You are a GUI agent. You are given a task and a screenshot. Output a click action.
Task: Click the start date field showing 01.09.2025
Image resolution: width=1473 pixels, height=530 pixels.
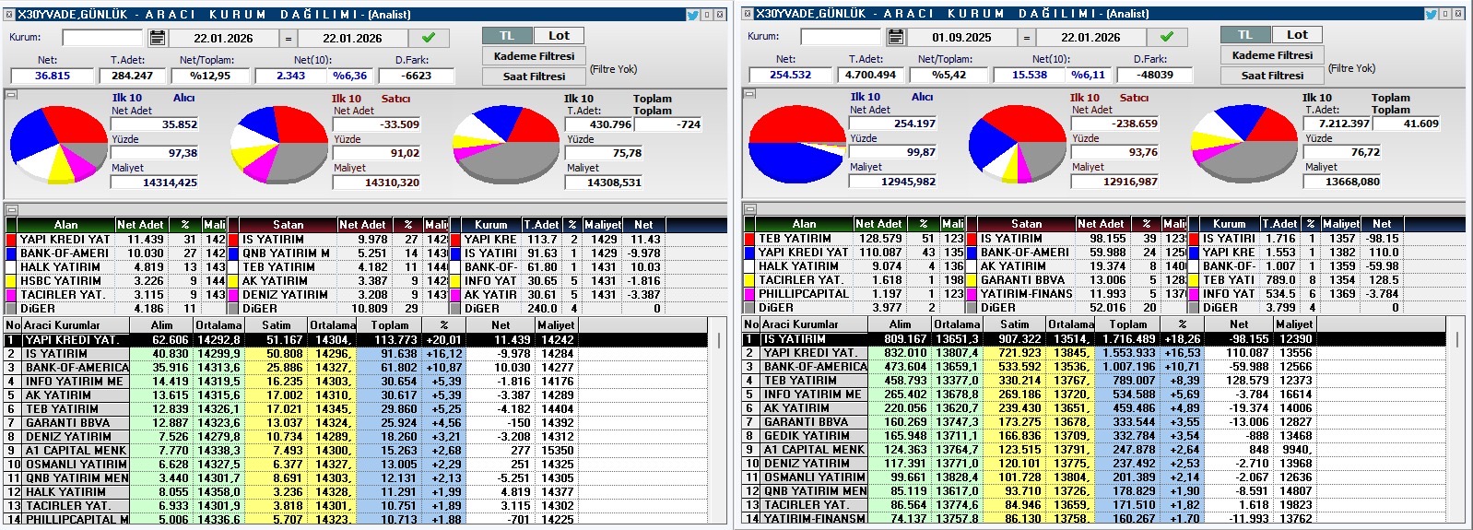click(x=961, y=38)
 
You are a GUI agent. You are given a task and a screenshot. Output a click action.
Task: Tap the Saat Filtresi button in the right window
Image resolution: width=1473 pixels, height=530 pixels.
click(x=1272, y=76)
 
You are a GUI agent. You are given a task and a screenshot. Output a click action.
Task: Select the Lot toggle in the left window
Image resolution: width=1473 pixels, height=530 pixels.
click(x=559, y=36)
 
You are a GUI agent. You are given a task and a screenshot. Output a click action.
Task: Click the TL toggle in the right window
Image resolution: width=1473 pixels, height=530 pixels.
click(x=1244, y=35)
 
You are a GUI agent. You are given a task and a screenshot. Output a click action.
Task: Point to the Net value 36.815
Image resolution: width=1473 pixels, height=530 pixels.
click(x=53, y=76)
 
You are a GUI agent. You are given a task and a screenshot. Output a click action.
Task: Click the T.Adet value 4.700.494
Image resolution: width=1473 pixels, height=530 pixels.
click(x=870, y=75)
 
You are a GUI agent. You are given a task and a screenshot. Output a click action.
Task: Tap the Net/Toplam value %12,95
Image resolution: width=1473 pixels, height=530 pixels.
click(x=210, y=76)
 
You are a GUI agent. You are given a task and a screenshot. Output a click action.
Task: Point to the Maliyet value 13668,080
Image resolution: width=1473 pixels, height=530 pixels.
click(x=1352, y=182)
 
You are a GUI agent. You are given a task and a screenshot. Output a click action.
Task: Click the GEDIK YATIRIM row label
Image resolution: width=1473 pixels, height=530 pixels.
click(x=807, y=436)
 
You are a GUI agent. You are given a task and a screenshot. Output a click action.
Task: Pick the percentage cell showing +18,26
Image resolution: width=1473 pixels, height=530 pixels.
click(x=1182, y=339)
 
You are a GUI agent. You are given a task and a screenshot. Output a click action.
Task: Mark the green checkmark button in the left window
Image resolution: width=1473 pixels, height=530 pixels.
click(x=428, y=38)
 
